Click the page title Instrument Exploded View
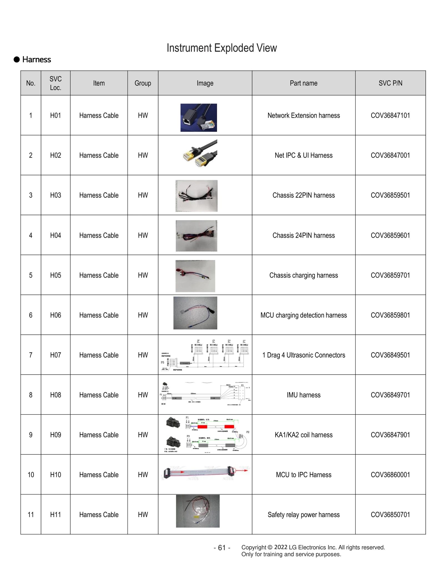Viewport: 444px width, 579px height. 221,48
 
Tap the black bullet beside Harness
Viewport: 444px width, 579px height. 17,59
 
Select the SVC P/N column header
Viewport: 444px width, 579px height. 390,83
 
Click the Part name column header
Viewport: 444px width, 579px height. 303,83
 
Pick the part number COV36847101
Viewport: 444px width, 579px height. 390,115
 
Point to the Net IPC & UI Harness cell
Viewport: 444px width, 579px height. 303,155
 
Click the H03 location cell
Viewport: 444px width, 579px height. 56,195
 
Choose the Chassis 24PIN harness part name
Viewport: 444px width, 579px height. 303,235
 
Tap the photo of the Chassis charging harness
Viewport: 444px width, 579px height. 195,276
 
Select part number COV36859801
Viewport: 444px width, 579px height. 390,315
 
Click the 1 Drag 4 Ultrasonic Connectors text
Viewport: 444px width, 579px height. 303,355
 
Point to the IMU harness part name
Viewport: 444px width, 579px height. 303,395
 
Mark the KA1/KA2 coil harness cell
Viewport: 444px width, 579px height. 303,435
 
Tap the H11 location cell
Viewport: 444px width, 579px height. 56,515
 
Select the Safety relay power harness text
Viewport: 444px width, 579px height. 303,515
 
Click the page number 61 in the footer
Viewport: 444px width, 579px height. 222,548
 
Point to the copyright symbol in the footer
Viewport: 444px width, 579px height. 270,547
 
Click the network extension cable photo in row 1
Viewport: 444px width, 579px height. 198,118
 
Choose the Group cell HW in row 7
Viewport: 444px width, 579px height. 143,355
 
